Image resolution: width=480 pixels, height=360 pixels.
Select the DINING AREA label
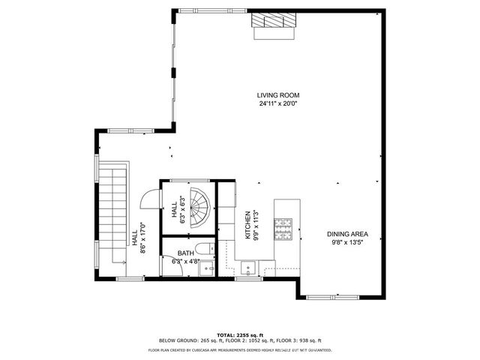347,233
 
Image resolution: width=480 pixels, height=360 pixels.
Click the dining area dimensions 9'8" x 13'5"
347,242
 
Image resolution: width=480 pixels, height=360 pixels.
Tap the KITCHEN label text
247,225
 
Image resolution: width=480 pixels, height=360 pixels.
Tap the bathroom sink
209,268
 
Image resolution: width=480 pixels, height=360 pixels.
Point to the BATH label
185,253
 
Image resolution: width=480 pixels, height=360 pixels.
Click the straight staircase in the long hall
115,214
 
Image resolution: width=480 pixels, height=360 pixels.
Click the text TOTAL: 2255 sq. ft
240,334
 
